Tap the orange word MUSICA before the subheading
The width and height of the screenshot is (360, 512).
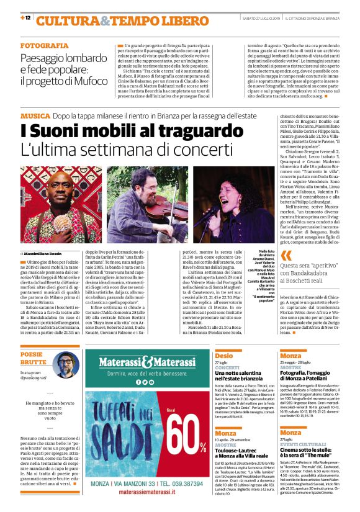[35, 116]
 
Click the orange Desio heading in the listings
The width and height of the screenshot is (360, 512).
[224, 356]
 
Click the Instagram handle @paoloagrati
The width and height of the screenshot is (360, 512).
[35, 377]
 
